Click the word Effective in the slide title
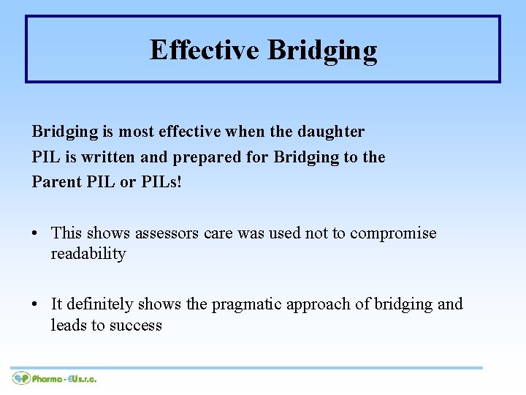(204, 50)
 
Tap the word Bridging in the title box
(322, 51)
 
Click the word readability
(88, 254)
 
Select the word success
(135, 325)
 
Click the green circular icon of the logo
(20, 378)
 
